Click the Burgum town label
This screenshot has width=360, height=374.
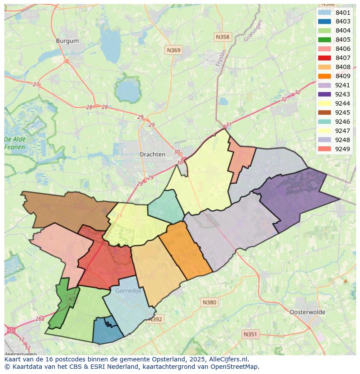[x=67, y=41]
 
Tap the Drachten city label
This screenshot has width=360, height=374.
[x=152, y=154]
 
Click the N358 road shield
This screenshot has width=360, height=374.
[x=222, y=37]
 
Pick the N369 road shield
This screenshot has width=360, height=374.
[x=173, y=50]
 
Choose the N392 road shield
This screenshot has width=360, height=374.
[x=155, y=319]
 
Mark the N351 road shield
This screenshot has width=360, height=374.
[x=250, y=334]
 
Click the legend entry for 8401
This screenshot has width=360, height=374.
[x=343, y=13]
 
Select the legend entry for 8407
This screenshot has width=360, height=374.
[x=343, y=58]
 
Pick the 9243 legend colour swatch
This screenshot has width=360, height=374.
[x=324, y=94]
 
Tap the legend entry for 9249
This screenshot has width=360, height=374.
[x=343, y=149]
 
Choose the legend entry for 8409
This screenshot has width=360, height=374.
[x=343, y=76]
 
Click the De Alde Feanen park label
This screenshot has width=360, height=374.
[x=15, y=143]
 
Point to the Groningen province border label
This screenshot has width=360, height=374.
[x=253, y=31]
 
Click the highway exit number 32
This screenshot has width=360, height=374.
[x=297, y=92]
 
